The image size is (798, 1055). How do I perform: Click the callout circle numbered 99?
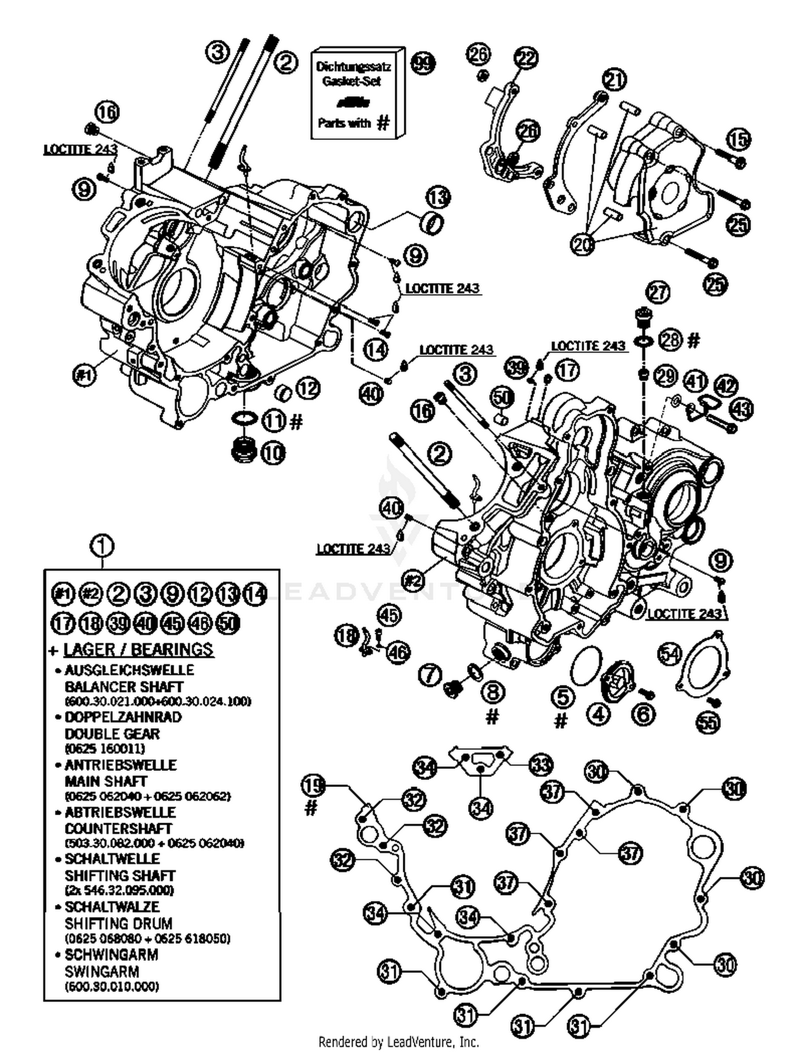[424, 63]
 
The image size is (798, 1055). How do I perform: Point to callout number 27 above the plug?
[658, 292]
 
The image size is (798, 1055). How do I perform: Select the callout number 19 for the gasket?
[314, 785]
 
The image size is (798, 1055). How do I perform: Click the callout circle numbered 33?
[541, 766]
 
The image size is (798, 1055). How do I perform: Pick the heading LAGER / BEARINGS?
[138, 649]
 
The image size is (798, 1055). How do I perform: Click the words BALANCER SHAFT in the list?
[123, 686]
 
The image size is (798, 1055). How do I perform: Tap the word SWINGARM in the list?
[102, 972]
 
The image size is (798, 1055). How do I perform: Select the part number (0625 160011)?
[105, 749]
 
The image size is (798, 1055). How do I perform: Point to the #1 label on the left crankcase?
[85, 375]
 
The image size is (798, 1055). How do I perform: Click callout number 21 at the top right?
[614, 80]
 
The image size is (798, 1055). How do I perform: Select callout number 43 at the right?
[742, 409]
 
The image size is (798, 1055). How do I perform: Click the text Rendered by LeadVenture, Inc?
[398, 1041]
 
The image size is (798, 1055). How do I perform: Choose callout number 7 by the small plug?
[429, 675]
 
